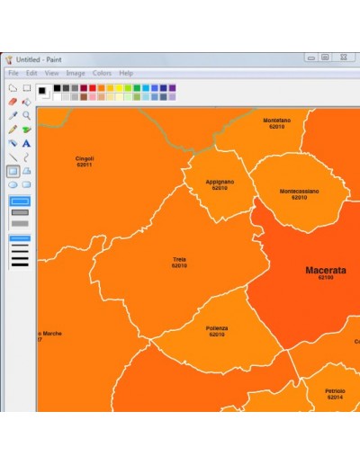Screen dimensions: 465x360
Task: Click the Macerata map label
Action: click(325, 270)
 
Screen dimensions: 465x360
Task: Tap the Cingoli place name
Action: click(85, 158)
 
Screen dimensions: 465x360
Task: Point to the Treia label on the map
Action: click(180, 260)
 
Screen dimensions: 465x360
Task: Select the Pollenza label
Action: click(217, 328)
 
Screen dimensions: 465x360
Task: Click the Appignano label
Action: click(220, 182)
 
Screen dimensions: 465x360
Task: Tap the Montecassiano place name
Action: click(299, 191)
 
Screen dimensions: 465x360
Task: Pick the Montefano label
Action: click(276, 120)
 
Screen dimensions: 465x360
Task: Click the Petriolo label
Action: click(335, 391)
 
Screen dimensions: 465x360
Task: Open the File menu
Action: click(13, 73)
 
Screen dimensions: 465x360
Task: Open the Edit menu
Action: click(31, 73)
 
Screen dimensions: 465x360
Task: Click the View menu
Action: click(52, 73)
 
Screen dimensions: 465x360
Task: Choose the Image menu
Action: click(76, 73)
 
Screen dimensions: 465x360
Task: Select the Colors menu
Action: click(102, 73)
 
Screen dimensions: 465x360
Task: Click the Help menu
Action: click(126, 73)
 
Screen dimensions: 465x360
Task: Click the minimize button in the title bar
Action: click(311, 58)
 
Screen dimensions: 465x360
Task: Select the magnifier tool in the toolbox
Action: click(27, 115)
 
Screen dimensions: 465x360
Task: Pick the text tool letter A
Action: click(27, 142)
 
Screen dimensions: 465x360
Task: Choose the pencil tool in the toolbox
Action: click(13, 129)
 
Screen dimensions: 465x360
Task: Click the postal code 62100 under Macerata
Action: click(325, 278)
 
